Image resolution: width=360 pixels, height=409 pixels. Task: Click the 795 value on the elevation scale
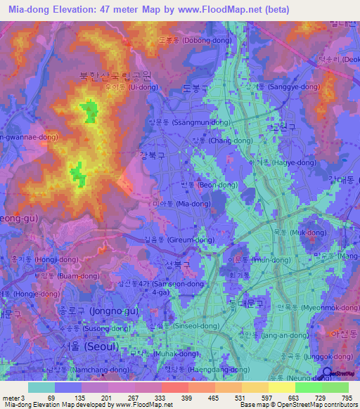[348, 397]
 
